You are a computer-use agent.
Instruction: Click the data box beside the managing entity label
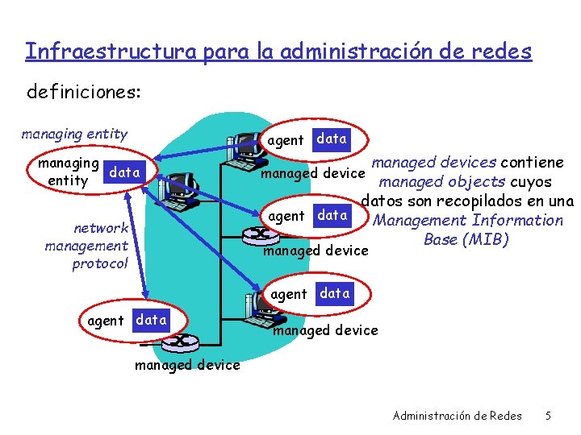tap(124, 172)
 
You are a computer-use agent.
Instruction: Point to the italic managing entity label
tap(74, 134)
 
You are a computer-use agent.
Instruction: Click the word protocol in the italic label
tap(100, 263)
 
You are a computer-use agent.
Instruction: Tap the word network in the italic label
tap(101, 228)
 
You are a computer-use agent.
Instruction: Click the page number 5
tap(548, 416)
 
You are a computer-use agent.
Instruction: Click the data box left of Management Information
tap(332, 215)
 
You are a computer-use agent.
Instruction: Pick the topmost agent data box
tap(332, 139)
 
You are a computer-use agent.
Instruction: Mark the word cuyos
tap(530, 182)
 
